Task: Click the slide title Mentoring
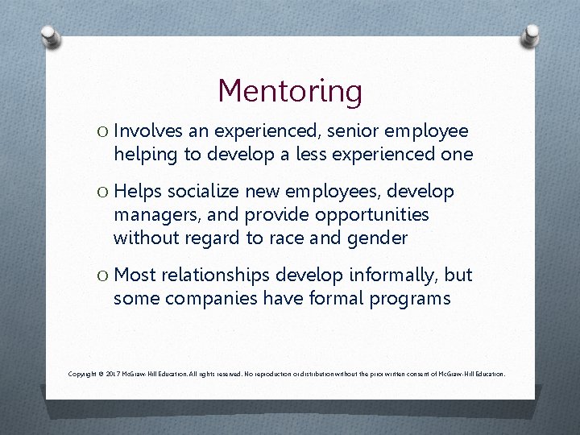point(290,90)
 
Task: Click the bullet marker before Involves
point(103,131)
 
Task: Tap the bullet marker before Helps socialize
point(103,193)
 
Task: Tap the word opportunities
point(372,215)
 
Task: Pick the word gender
point(379,238)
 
